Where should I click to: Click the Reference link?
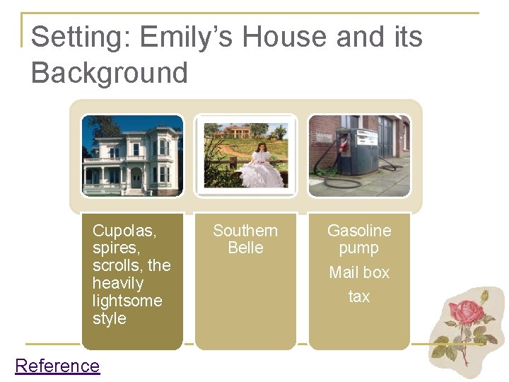click(x=57, y=366)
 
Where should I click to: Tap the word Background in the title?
click(x=110, y=72)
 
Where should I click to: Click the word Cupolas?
click(x=124, y=231)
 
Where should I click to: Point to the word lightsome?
click(x=127, y=301)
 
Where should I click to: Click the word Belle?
click(x=245, y=248)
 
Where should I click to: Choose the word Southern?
click(x=245, y=231)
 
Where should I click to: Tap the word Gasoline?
click(x=358, y=231)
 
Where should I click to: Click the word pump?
click(x=358, y=248)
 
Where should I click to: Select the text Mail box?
click(x=359, y=272)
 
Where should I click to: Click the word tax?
click(x=359, y=296)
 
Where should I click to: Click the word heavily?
click(x=117, y=283)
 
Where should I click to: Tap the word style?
click(x=109, y=318)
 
